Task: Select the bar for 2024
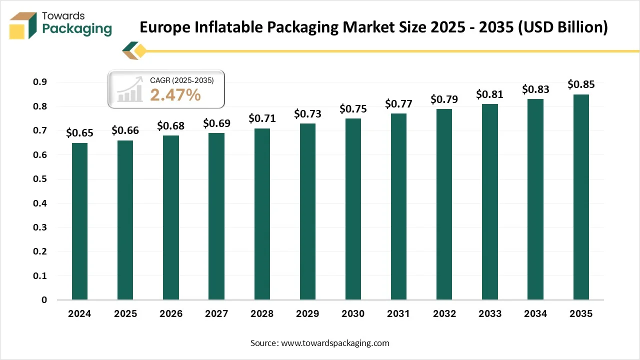[79, 221]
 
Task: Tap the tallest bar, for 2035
[581, 197]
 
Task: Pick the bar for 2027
[216, 216]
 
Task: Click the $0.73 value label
[307, 113]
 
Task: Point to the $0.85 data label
[581, 84]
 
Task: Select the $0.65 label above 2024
[79, 133]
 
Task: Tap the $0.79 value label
[444, 99]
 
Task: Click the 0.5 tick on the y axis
[40, 179]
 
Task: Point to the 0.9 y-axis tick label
[40, 82]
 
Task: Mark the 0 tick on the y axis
[44, 300]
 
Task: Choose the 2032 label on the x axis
[444, 314]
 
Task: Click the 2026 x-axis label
[171, 314]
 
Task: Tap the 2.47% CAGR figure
[175, 94]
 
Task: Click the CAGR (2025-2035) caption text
[182, 80]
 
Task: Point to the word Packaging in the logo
[77, 29]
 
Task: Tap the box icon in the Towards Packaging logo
[23, 25]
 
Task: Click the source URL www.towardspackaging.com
[335, 343]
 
